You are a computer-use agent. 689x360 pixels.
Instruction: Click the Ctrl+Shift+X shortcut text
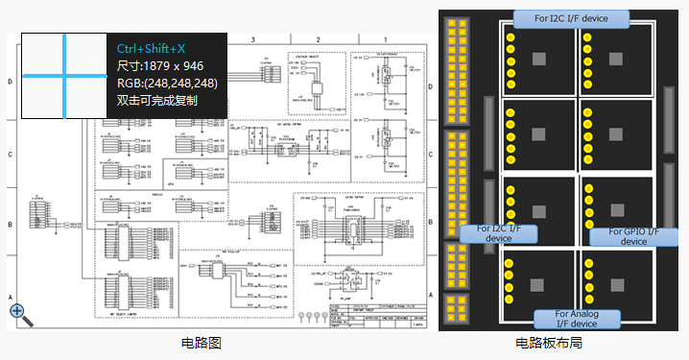point(151,48)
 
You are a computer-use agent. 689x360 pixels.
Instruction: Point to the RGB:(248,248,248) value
point(168,83)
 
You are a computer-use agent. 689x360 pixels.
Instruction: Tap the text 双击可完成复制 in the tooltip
point(157,100)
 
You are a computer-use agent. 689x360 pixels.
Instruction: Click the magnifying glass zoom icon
point(16,310)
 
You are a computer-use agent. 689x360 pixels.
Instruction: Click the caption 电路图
point(202,343)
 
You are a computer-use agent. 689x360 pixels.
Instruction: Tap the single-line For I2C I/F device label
point(572,18)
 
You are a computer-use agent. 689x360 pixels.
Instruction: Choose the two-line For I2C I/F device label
point(492,234)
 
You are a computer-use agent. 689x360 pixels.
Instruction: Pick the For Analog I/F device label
point(576,319)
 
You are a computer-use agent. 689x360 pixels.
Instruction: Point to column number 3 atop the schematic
point(252,39)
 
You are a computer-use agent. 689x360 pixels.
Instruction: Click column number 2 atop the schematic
point(318,39)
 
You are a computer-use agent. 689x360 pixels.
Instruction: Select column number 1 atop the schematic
point(385,39)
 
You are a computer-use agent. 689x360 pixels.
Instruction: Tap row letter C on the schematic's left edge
point(11,154)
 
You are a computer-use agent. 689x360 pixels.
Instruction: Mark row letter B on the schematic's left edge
point(11,226)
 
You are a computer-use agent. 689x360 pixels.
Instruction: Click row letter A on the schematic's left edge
point(11,298)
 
